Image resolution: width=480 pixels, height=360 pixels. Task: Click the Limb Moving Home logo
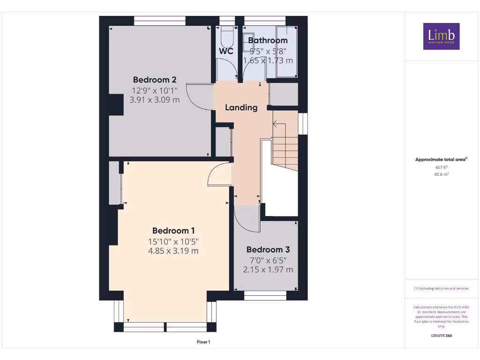pyautogui.click(x=441, y=37)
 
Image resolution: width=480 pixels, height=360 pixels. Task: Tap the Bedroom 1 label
pyautogui.click(x=173, y=231)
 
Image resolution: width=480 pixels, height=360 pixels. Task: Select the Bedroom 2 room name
pyautogui.click(x=154, y=79)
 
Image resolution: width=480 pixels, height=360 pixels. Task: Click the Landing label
pyautogui.click(x=241, y=107)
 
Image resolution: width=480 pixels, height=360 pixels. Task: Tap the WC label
pyautogui.click(x=226, y=51)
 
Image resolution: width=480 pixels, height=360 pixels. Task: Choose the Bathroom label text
pyautogui.click(x=268, y=40)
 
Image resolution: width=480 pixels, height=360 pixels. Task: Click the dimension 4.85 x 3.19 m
pyautogui.click(x=173, y=251)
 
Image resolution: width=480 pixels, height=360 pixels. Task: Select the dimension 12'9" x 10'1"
pyautogui.click(x=154, y=90)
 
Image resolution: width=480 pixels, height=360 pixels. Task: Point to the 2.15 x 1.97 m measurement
pyautogui.click(x=268, y=270)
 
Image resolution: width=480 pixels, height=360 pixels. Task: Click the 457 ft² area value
pyautogui.click(x=441, y=167)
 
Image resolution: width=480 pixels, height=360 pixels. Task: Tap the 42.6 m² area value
pyautogui.click(x=441, y=174)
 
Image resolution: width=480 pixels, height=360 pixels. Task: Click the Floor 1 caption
pyautogui.click(x=203, y=342)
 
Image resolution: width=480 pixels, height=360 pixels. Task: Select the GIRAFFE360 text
pyautogui.click(x=441, y=336)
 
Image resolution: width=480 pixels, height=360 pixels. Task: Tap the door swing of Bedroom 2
pyautogui.click(x=197, y=96)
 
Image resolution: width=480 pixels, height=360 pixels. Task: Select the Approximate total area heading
pyautogui.click(x=441, y=159)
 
